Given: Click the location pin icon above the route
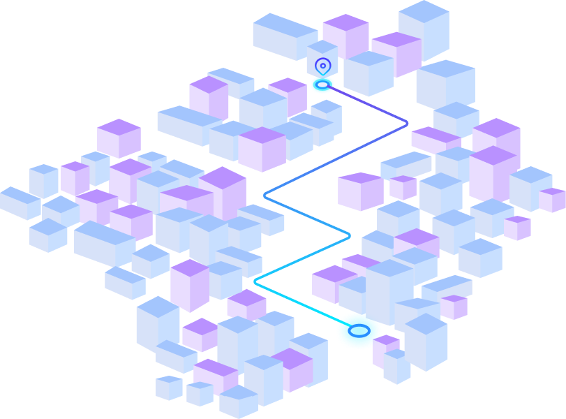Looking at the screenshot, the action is pyautogui.click(x=322, y=66).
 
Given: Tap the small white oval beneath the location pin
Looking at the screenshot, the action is pyautogui.click(x=322, y=84).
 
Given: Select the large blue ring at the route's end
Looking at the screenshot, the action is pyautogui.click(x=359, y=330).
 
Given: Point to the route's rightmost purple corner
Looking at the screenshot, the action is pyautogui.click(x=406, y=124).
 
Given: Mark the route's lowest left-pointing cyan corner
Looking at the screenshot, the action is pyautogui.click(x=256, y=281).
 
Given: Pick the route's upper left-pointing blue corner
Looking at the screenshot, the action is pyautogui.click(x=266, y=196).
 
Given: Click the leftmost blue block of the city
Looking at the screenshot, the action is pyautogui.click(x=18, y=203).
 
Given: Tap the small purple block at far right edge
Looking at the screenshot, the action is pyautogui.click(x=552, y=199).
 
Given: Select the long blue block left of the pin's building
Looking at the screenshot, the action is pyautogui.click(x=283, y=36).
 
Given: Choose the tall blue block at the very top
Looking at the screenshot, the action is pyautogui.click(x=424, y=29).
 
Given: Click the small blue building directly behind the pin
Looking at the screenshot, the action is pyautogui.click(x=322, y=52).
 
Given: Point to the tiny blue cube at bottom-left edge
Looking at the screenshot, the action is pyautogui.click(x=169, y=388).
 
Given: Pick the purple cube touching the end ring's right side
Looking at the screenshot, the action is pyautogui.click(x=386, y=347).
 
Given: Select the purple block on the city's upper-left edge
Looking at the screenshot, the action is pyautogui.click(x=119, y=138).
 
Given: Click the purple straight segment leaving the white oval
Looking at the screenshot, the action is pyautogui.click(x=366, y=104).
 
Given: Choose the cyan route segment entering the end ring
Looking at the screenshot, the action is pyautogui.click(x=300, y=303).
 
